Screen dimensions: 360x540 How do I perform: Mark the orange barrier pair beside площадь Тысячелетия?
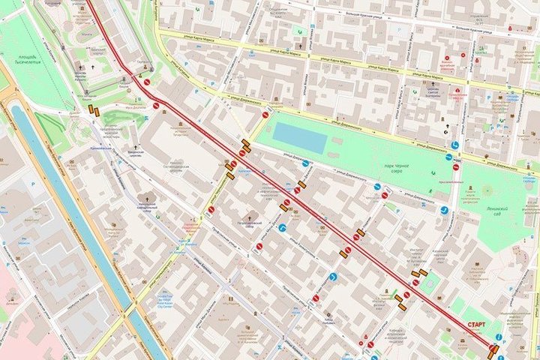click(95, 112)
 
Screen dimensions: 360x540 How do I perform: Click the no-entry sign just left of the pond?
click(265, 115)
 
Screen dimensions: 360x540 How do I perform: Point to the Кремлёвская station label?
click(101, 148)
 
